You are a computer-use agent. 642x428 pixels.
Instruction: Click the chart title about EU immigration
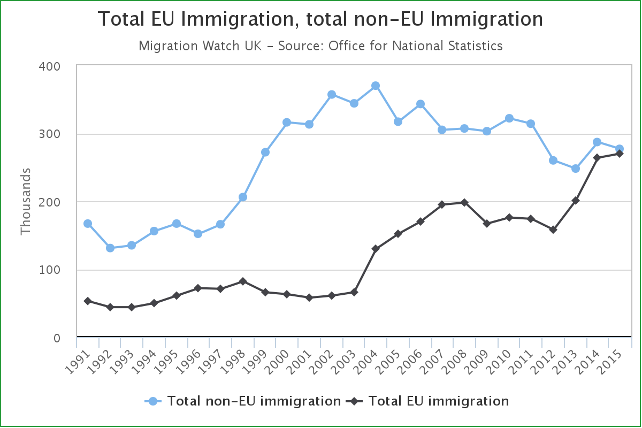pos(320,20)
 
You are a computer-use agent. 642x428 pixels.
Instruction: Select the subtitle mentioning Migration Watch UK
pos(320,46)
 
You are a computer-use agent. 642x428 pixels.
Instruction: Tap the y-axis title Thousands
pos(25,202)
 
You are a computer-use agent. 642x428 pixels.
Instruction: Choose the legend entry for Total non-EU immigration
pos(243,401)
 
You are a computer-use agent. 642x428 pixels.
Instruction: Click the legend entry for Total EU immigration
pos(428,401)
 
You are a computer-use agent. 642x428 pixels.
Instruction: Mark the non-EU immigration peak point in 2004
pos(376,86)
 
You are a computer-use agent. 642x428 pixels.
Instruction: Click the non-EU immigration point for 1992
pos(110,248)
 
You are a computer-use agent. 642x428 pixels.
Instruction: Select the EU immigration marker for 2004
pos(376,249)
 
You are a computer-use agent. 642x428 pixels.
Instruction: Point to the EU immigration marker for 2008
pos(464,202)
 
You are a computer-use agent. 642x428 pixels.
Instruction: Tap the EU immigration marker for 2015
pos(619,154)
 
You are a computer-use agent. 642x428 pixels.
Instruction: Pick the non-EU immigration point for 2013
pos(576,169)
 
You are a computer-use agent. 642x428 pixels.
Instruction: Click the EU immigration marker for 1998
pos(243,281)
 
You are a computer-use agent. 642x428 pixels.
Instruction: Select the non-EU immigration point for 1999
pos(265,152)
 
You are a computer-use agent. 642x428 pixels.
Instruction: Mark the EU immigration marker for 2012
pos(553,230)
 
